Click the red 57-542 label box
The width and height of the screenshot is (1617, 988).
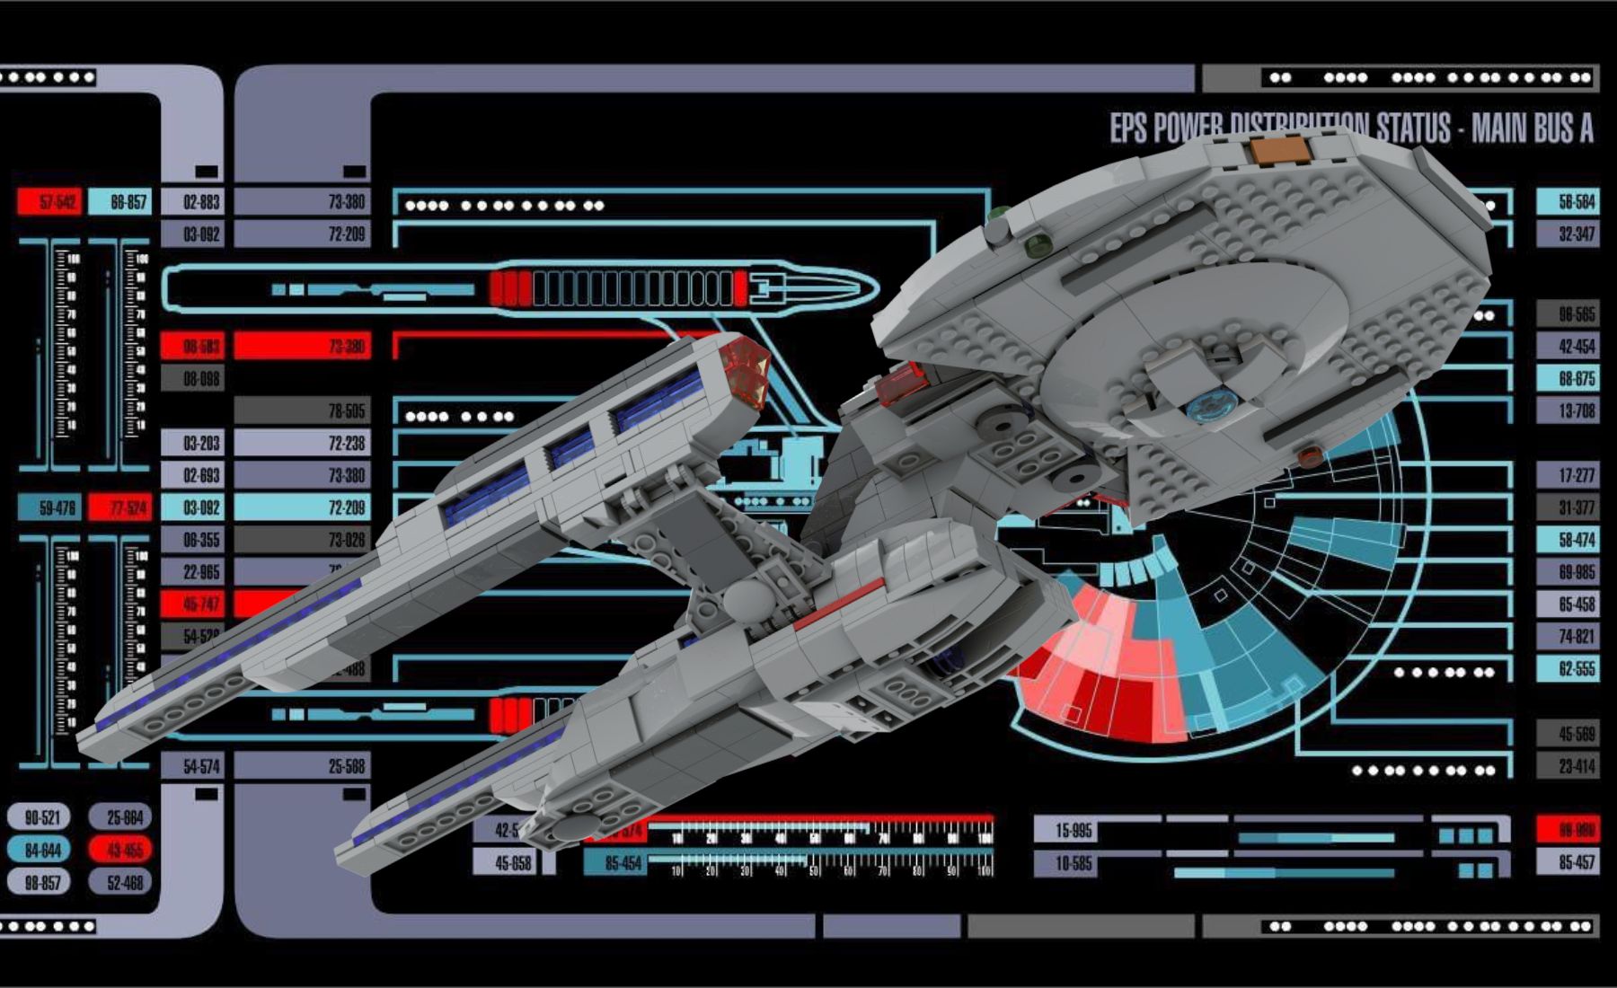coord(49,202)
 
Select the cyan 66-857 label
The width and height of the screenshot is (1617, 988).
coord(120,202)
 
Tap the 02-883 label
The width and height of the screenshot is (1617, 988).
coord(192,202)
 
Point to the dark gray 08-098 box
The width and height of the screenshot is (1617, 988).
coord(192,378)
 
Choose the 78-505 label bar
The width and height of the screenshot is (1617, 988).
coord(302,410)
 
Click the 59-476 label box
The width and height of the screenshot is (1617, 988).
coord(50,507)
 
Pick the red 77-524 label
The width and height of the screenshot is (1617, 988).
coord(120,507)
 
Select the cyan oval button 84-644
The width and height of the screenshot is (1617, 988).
coord(39,850)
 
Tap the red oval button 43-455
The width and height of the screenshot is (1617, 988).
coord(120,850)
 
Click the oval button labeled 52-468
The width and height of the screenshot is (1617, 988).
coord(120,883)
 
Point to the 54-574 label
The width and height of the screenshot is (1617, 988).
coord(192,766)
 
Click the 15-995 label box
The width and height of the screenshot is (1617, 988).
coord(1065,830)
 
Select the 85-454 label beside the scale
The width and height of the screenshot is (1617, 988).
coord(615,863)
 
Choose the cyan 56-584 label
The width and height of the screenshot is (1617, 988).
coord(1568,202)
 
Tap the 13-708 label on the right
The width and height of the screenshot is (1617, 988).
coord(1568,410)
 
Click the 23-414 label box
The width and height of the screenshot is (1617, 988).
coord(1568,766)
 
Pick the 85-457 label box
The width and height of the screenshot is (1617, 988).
coord(1568,862)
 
